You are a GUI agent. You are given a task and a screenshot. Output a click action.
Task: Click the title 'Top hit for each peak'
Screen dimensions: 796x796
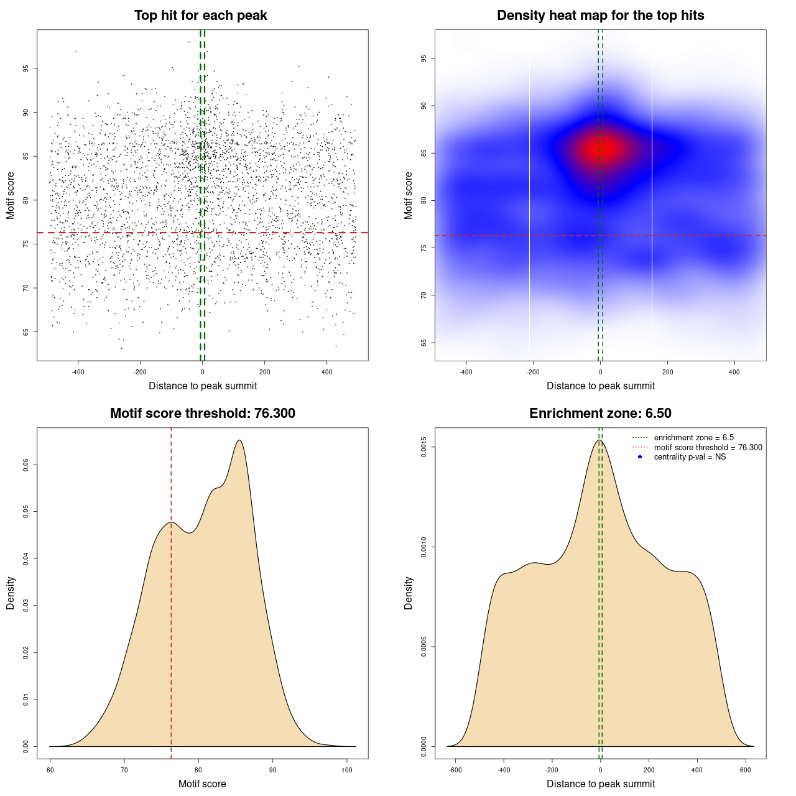pyautogui.click(x=200, y=16)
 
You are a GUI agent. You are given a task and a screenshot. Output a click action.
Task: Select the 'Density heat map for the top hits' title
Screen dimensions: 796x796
pyautogui.click(x=600, y=16)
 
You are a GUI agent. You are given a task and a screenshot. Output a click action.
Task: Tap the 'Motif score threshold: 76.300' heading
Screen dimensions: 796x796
pyautogui.click(x=202, y=414)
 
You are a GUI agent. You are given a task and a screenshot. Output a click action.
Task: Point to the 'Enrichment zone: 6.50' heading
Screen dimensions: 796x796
pyautogui.click(x=600, y=414)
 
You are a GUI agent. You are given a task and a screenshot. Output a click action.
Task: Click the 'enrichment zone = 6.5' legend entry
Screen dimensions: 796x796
pyautogui.click(x=693, y=438)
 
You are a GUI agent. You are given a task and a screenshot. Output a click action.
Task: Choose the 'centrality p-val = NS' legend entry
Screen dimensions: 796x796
pyautogui.click(x=690, y=457)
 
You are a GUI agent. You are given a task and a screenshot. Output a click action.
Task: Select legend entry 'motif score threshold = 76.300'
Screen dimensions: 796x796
pyautogui.click(x=708, y=448)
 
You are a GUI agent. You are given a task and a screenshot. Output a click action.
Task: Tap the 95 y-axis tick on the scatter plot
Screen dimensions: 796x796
pyautogui.click(x=25, y=68)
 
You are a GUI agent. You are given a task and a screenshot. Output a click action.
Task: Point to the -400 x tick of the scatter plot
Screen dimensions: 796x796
pyautogui.click(x=78, y=373)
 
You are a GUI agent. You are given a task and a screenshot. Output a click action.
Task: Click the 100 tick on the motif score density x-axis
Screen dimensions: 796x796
pyautogui.click(x=347, y=770)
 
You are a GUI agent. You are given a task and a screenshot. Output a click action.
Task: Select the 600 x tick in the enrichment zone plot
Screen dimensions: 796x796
pyautogui.click(x=745, y=770)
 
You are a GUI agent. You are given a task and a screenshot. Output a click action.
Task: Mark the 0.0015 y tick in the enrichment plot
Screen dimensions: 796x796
pyautogui.click(x=423, y=447)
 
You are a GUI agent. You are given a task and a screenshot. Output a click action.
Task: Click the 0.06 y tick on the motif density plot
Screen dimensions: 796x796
pyautogui.click(x=25, y=465)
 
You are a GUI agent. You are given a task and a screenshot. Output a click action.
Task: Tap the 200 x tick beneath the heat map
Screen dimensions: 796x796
pyautogui.click(x=667, y=373)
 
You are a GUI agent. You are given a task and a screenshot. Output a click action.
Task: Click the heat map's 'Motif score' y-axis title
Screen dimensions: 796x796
pyautogui.click(x=409, y=195)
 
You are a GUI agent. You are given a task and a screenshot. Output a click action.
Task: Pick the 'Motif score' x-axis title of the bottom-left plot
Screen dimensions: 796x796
pyautogui.click(x=202, y=784)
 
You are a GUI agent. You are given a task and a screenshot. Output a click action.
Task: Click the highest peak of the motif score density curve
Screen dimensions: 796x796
pyautogui.click(x=239, y=440)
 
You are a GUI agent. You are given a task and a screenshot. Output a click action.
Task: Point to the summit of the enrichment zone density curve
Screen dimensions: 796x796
pyautogui.click(x=599, y=440)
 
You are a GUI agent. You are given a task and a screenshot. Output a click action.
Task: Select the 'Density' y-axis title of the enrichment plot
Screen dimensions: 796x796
pyautogui.click(x=409, y=593)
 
